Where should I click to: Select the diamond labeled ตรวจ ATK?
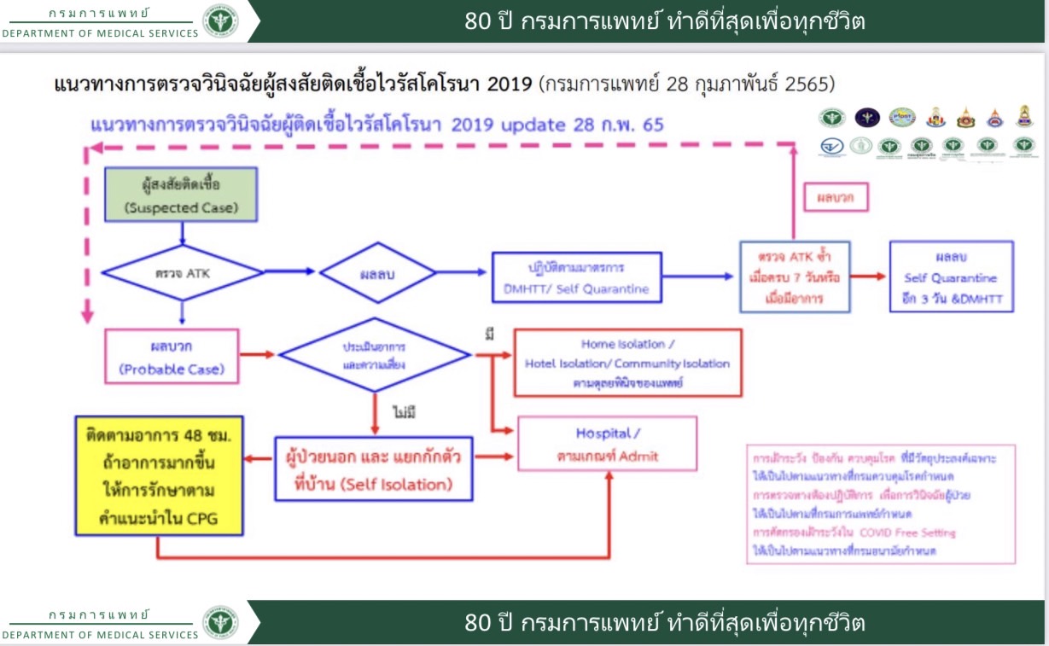182,272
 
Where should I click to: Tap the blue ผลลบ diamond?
377,273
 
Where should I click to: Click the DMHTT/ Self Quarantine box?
576,277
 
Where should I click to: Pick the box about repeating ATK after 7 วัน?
795,276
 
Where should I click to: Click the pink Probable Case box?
171,356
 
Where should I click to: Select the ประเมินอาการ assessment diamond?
375,354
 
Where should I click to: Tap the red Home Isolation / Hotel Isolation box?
627,363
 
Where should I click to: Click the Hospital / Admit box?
606,444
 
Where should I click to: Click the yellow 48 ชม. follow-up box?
159,474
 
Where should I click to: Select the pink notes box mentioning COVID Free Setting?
880,503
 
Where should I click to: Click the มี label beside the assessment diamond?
489,333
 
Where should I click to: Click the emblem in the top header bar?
220,21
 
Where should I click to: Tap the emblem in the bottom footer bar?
220,623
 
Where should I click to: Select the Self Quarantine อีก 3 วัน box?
951,276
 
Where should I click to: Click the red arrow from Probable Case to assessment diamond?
257,354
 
